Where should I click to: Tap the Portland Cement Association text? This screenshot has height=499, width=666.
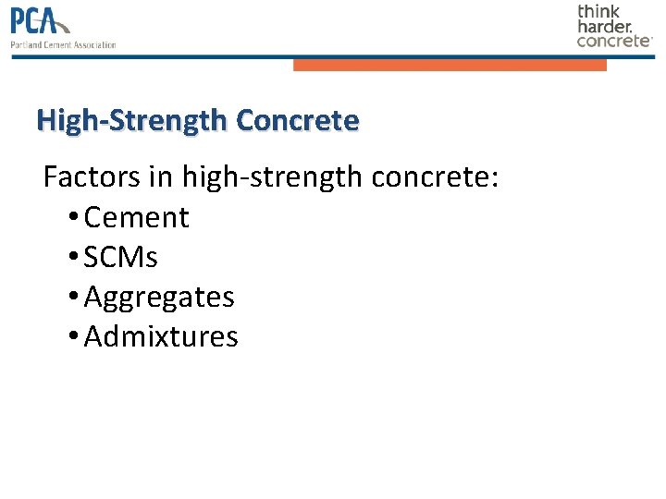64,44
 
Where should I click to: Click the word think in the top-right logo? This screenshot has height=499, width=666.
599,11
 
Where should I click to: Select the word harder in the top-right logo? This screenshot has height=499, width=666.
604,26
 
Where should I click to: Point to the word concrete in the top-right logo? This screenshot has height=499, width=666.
613,41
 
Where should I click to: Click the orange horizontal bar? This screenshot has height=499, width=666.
450,65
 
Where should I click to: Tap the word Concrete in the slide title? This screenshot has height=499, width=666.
297,121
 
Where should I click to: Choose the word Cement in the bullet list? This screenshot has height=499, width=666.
136,218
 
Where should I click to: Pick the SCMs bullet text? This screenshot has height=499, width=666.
120,258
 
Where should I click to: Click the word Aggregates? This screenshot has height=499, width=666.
159,298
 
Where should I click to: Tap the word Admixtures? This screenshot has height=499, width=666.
161,337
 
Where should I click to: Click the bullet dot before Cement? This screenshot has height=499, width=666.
73,219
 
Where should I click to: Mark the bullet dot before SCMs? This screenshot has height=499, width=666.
73,259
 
